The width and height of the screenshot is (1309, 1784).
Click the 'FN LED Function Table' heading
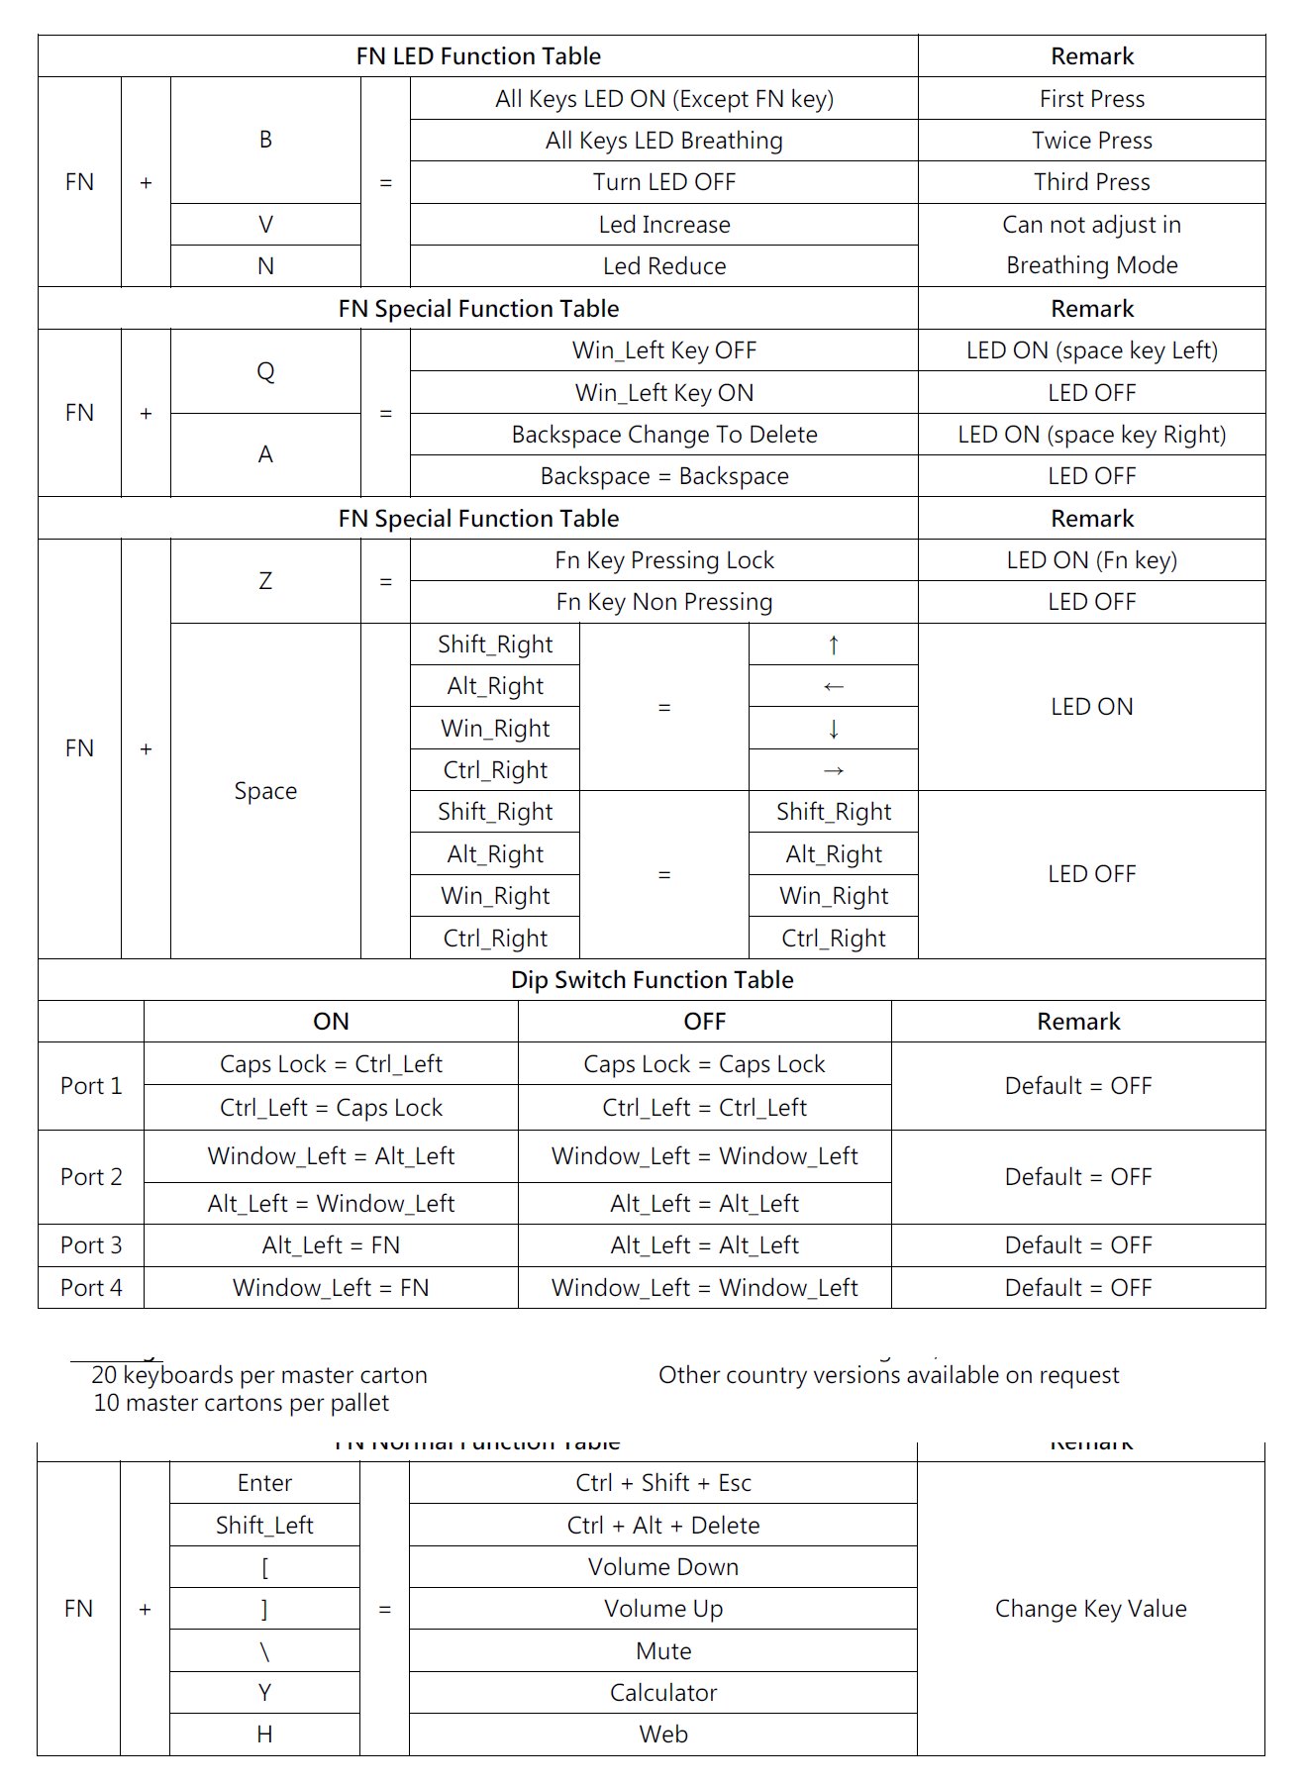click(478, 56)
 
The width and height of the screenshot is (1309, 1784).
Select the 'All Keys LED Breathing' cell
click(663, 141)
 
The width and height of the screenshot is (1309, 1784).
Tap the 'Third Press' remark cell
click(1091, 182)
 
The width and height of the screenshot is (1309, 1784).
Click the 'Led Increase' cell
click(663, 225)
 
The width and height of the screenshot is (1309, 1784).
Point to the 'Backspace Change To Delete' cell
click(663, 435)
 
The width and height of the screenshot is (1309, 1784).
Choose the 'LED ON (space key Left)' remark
click(1091, 350)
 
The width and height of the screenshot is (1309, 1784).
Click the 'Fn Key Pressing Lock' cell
click(663, 560)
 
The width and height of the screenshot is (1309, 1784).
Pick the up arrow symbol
click(833, 644)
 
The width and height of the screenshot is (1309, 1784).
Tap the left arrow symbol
click(833, 686)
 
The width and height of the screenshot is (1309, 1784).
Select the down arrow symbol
click(833, 729)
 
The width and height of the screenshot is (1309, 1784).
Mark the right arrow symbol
click(833, 770)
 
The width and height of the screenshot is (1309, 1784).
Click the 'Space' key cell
click(265, 791)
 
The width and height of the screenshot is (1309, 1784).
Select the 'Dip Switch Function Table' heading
click(652, 980)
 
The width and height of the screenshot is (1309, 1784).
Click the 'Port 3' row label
click(91, 1245)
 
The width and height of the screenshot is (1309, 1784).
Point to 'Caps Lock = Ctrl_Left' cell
click(331, 1064)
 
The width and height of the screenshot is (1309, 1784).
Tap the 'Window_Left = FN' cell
click(331, 1288)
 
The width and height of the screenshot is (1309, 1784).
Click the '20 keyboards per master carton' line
click(259, 1375)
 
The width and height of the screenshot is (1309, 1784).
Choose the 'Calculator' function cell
click(662, 1693)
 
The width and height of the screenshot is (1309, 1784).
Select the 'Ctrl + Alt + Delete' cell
click(662, 1526)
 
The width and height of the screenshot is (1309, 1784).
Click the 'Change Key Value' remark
click(1090, 1609)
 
